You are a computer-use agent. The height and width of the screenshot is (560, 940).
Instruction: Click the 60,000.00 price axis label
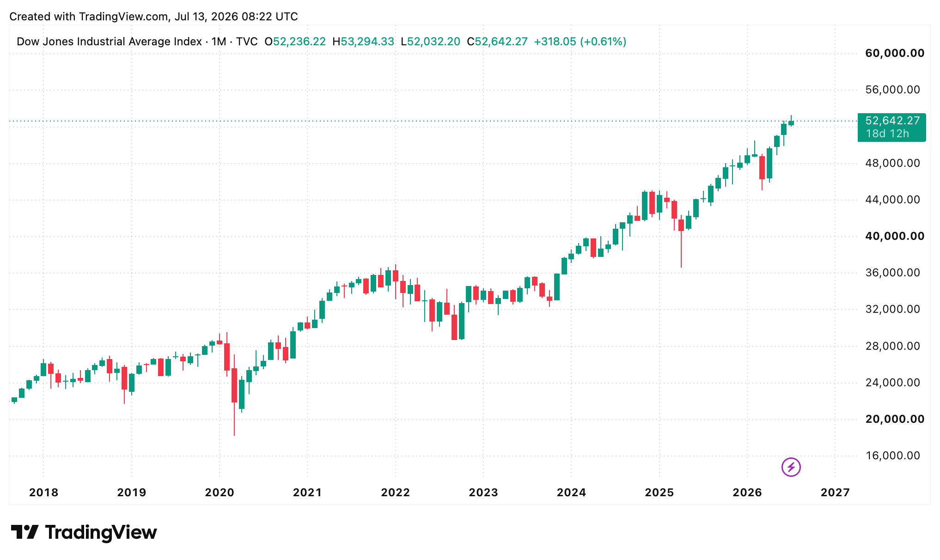(895, 53)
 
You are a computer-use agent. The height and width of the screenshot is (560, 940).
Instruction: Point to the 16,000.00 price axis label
(893, 456)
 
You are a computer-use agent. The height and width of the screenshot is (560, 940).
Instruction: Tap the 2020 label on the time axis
(220, 493)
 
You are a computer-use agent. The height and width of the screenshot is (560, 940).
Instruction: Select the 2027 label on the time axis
(835, 493)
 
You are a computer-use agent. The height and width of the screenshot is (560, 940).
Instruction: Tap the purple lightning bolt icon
(791, 467)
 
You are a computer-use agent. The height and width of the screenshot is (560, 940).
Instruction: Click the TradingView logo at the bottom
(84, 532)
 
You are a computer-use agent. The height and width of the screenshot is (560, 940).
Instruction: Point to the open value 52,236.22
(299, 42)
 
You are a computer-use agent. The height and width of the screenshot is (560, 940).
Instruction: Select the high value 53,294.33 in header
(367, 42)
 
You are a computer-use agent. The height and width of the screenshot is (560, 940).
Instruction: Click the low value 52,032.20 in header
(433, 42)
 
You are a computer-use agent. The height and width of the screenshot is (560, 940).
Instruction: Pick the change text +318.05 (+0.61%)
(580, 42)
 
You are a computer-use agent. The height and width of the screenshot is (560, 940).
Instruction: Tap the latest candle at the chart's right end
(791, 121)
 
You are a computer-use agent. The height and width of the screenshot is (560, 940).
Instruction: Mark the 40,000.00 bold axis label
(895, 236)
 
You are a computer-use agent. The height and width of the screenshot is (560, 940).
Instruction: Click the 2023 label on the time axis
(483, 493)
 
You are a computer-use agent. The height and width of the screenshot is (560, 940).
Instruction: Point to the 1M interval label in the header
(219, 42)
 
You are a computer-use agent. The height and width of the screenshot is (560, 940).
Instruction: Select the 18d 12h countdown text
(887, 134)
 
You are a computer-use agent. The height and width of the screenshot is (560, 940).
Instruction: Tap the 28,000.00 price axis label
(893, 346)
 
